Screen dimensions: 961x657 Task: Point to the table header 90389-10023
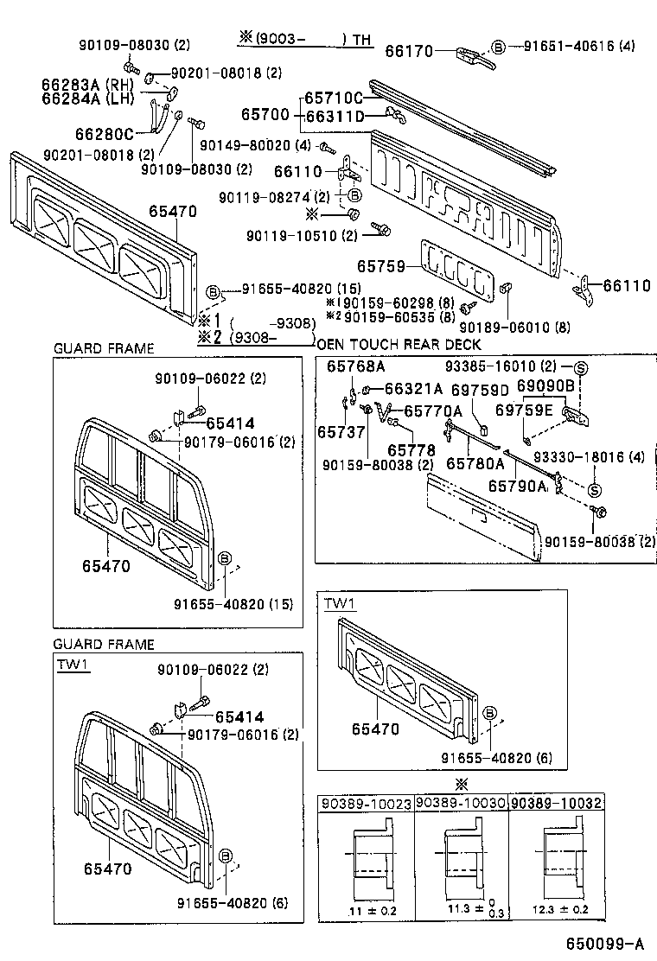click(367, 803)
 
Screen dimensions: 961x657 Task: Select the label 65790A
click(517, 487)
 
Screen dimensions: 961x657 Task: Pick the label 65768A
click(355, 366)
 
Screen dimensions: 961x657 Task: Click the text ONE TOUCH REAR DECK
click(399, 344)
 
